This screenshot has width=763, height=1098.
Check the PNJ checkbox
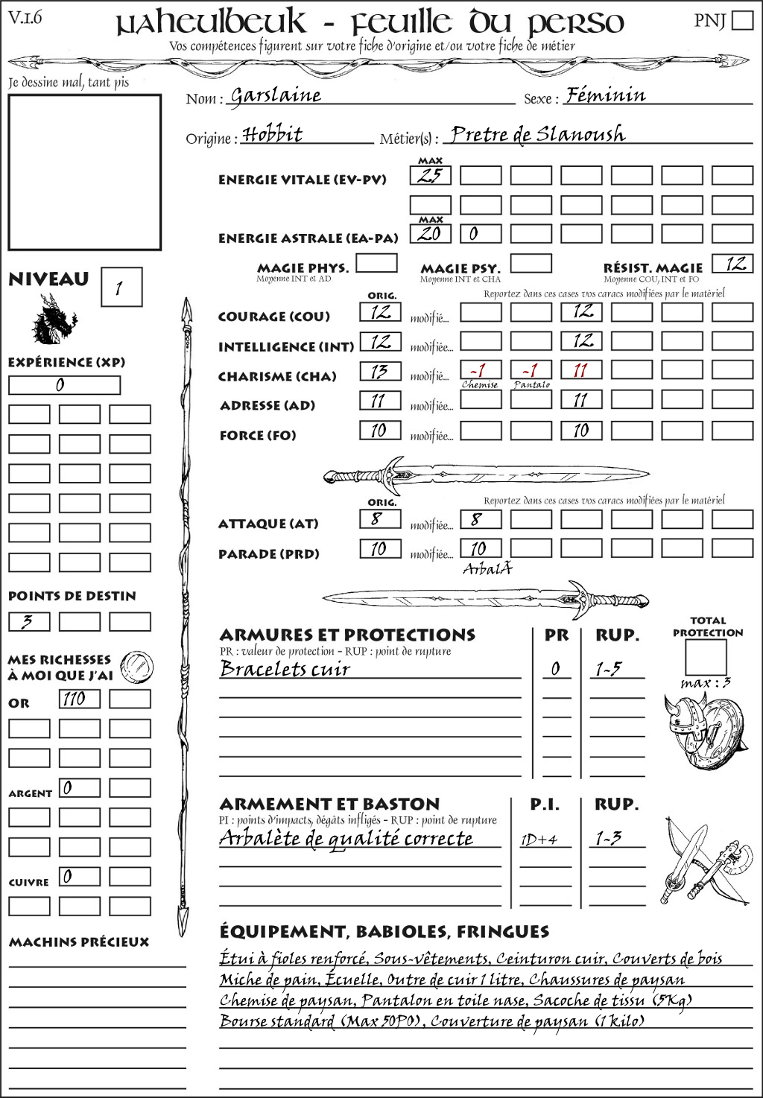click(x=742, y=19)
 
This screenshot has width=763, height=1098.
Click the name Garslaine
click(x=276, y=95)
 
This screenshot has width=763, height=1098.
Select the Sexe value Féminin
click(x=605, y=95)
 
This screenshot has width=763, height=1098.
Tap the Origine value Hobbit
click(x=273, y=135)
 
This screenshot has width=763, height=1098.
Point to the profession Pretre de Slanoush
click(x=537, y=134)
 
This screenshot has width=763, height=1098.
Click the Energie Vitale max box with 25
click(x=430, y=176)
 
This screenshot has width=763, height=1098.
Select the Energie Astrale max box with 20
click(x=430, y=233)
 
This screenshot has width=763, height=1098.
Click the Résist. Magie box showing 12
click(x=732, y=264)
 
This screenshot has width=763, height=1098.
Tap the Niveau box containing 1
click(x=121, y=288)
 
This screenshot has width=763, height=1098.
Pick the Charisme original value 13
click(x=380, y=371)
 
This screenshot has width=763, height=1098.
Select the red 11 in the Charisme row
click(x=580, y=371)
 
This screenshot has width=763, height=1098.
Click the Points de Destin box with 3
click(x=29, y=621)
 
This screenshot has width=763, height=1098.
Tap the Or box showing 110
click(x=80, y=699)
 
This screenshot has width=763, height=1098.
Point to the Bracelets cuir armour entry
click(x=285, y=669)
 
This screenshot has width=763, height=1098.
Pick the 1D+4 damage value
click(x=539, y=840)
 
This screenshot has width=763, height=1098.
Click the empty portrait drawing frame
click(x=84, y=172)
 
